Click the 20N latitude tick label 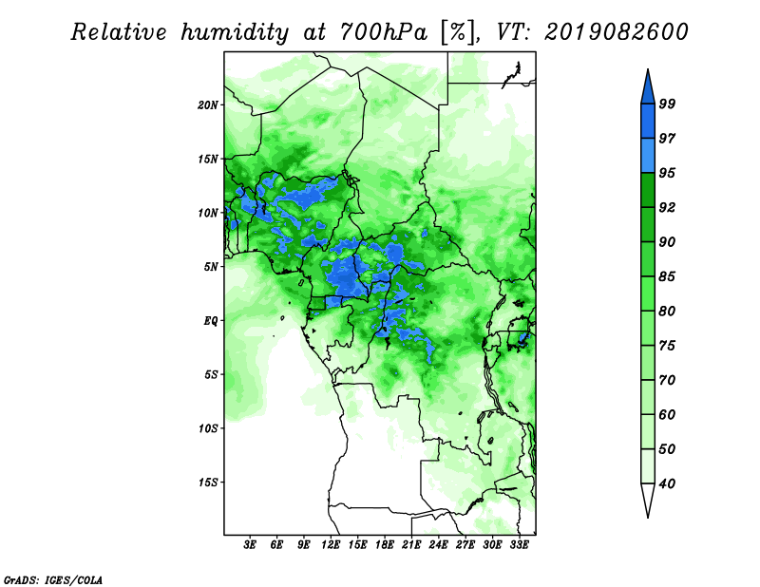tap(208, 105)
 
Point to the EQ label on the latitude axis tap(210, 321)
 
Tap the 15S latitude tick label tap(208, 483)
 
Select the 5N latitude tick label tap(211, 267)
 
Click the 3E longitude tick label tap(250, 545)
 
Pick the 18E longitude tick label tap(385, 545)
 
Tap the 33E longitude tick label tap(519, 545)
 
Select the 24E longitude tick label tap(438, 545)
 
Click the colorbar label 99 tap(667, 104)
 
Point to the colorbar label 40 tap(667, 483)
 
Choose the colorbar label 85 tap(667, 276)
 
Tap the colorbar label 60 tap(667, 414)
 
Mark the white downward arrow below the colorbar tap(648, 499)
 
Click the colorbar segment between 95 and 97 tap(648, 156)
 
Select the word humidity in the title tap(235, 33)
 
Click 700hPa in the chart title tap(384, 32)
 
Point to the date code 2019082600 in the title tap(617, 32)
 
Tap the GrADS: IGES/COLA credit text tap(53, 579)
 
